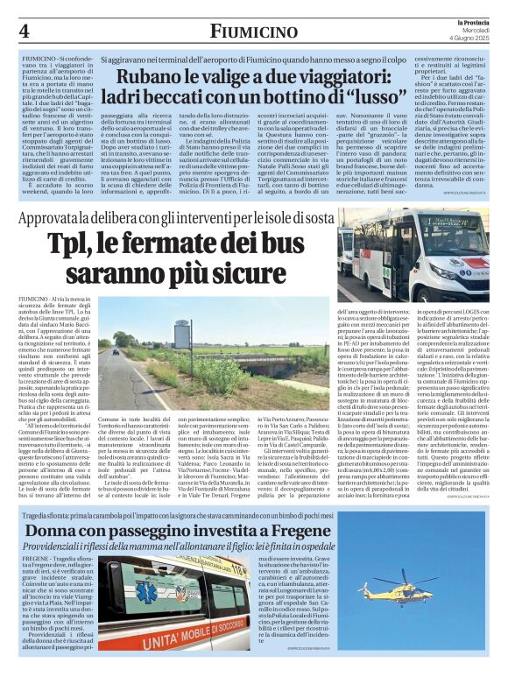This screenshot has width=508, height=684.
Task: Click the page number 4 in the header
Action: (23, 31)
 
